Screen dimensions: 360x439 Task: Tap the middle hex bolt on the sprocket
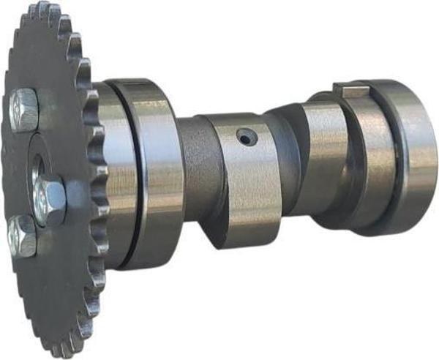[50, 200]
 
